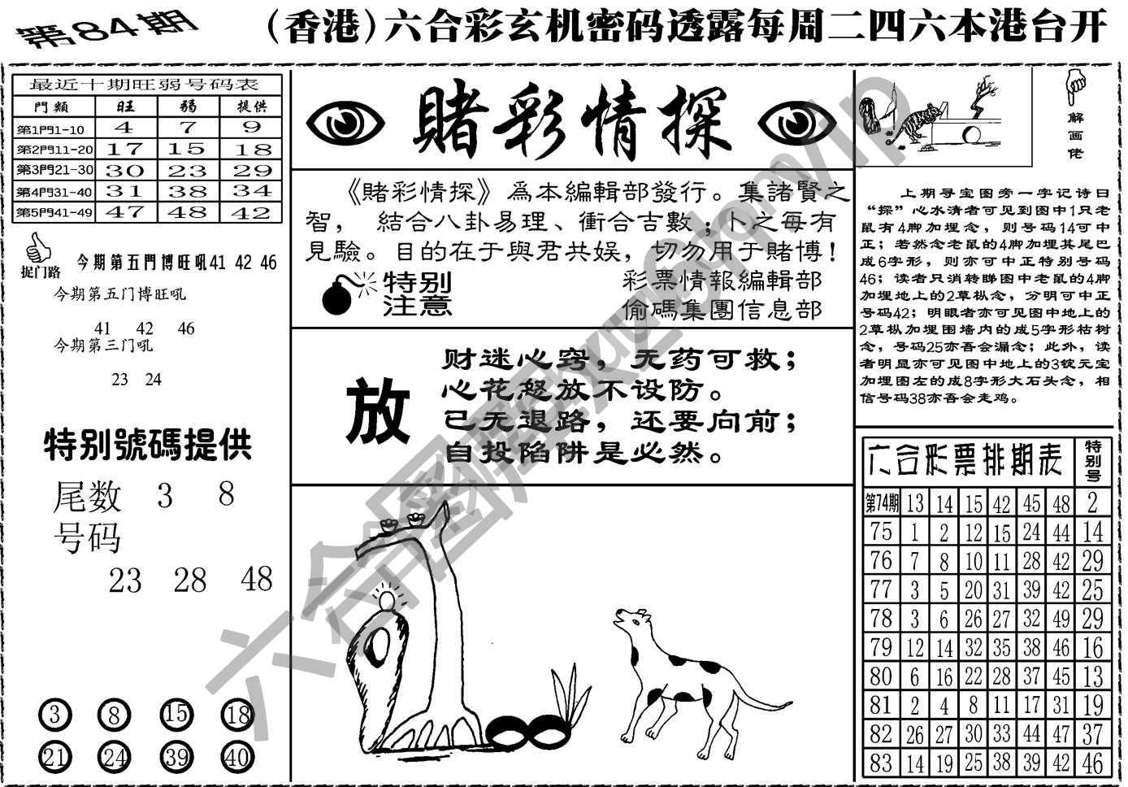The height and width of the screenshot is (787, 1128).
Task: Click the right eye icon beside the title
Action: pyautogui.click(x=796, y=124)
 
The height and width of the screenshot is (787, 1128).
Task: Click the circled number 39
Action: pyautogui.click(x=176, y=758)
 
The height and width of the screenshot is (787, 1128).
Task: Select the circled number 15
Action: pyautogui.click(x=176, y=715)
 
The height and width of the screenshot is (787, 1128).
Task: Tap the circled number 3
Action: pyautogui.click(x=54, y=715)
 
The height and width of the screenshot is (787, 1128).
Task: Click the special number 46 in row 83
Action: pyautogui.click(x=1093, y=763)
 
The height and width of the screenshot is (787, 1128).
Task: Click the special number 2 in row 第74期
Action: pyautogui.click(x=1093, y=502)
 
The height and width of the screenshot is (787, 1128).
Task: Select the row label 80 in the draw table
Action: pyautogui.click(x=881, y=676)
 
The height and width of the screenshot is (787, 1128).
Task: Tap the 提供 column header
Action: pyautogui.click(x=251, y=107)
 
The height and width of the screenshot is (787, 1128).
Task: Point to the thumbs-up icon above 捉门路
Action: pyautogui.click(x=34, y=245)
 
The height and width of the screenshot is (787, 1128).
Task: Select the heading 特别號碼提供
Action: pyautogui.click(x=147, y=446)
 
